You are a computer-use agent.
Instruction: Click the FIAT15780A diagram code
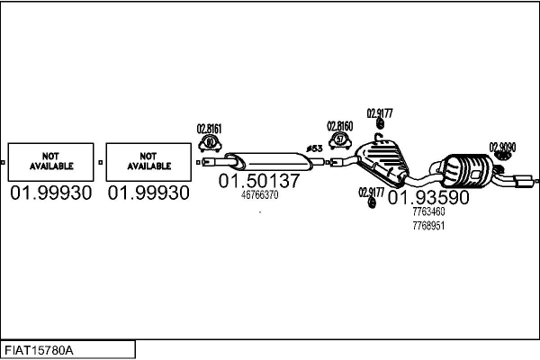click(39, 350)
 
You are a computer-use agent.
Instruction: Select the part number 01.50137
click(259, 181)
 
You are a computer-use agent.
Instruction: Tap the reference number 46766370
click(260, 195)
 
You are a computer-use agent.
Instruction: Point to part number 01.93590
click(428, 197)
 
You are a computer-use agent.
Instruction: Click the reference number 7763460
click(428, 211)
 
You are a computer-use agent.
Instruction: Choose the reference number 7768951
click(428, 226)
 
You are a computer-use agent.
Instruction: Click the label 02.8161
click(209, 129)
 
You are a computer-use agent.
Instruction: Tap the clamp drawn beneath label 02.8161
click(210, 144)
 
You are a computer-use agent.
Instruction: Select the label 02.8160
click(340, 126)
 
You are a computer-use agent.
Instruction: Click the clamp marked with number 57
click(340, 140)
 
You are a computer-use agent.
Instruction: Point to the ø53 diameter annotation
click(314, 148)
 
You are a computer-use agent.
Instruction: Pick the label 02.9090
click(502, 147)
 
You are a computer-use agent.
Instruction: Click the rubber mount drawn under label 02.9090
click(503, 156)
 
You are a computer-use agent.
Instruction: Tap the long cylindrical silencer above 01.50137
click(268, 162)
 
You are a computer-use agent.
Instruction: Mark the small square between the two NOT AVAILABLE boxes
click(100, 162)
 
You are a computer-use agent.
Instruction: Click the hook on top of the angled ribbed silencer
click(379, 137)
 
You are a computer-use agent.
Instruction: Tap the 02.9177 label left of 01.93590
click(371, 193)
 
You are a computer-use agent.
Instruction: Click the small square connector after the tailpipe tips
click(537, 181)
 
